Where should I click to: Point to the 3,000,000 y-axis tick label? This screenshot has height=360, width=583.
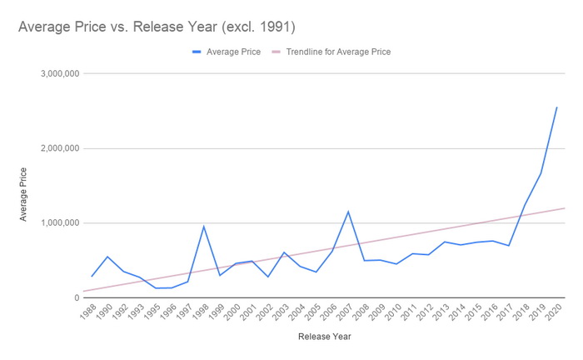coord(58,73)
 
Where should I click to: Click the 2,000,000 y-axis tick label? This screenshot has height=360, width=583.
coord(58,148)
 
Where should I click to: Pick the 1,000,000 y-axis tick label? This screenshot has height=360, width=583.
coord(58,223)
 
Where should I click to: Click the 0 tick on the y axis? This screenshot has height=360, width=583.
coord(75,297)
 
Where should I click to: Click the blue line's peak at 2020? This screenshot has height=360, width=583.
coord(556,107)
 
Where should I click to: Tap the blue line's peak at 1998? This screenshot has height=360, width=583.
coord(204,227)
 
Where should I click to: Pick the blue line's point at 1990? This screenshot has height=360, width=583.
coord(107,257)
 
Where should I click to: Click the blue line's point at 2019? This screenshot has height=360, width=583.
coord(541,173)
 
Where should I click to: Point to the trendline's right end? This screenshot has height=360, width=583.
coord(566,208)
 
